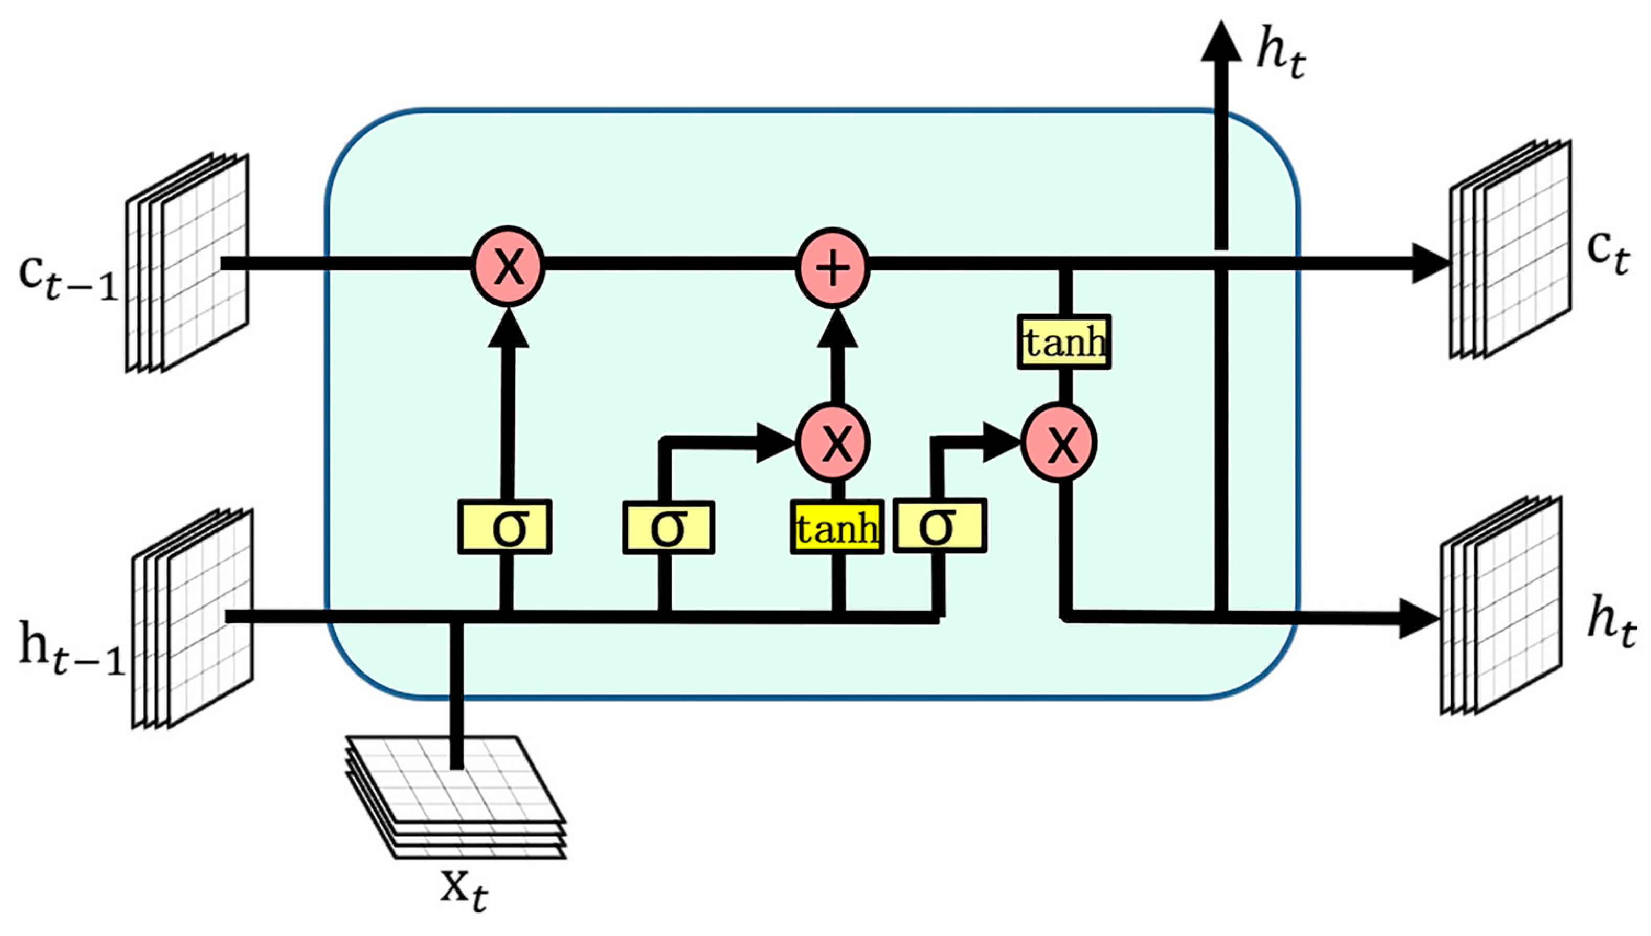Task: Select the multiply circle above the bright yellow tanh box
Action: click(x=834, y=442)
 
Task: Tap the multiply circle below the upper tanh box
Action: click(x=1060, y=442)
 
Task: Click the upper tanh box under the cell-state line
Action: click(x=1064, y=342)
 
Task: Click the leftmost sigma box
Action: click(x=505, y=527)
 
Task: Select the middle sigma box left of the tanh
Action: click(x=668, y=528)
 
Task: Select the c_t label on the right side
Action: click(x=1608, y=254)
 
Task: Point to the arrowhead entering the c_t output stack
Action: click(x=1429, y=263)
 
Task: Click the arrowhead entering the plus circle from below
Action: click(x=837, y=328)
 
